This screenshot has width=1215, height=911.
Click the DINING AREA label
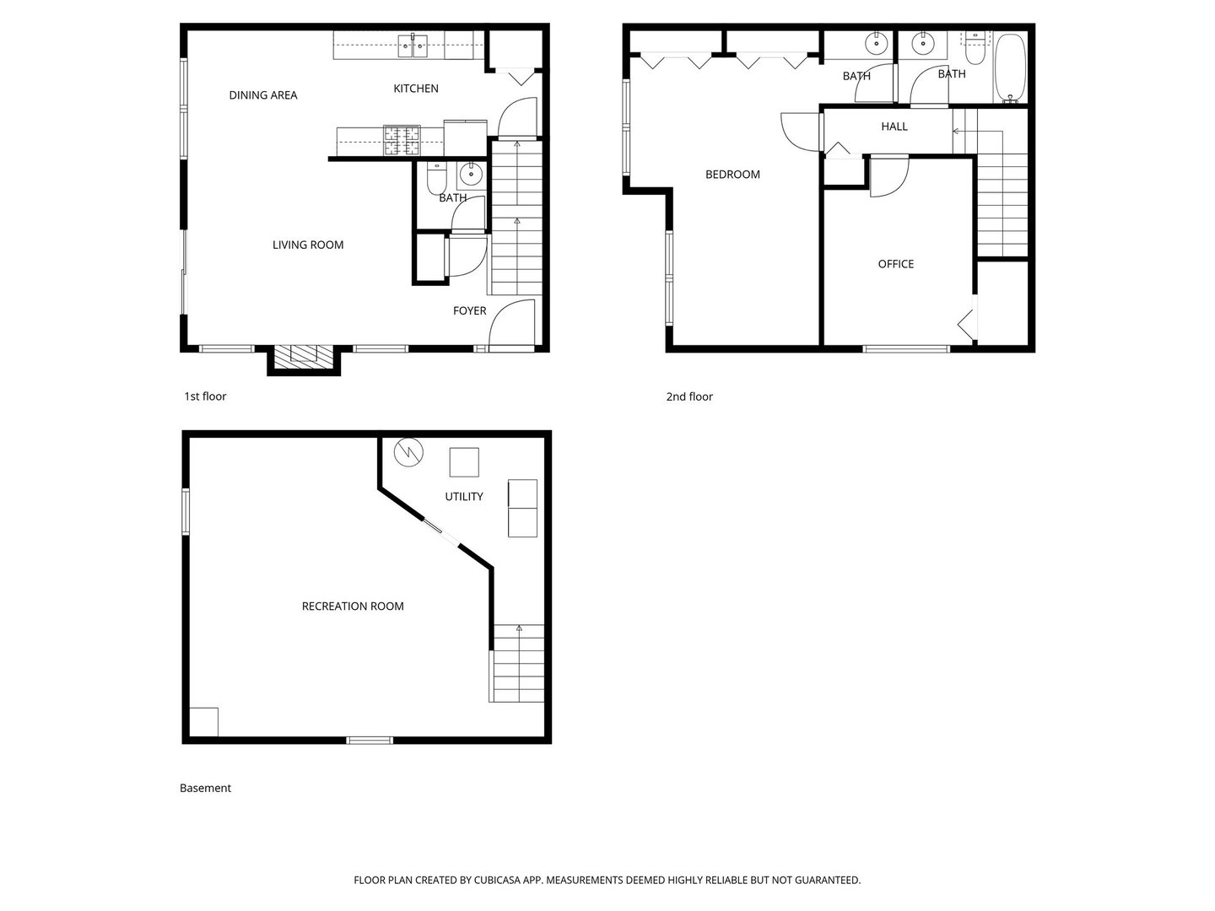263,95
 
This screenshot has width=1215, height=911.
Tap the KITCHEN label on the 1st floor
416,89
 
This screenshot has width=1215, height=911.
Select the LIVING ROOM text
308,245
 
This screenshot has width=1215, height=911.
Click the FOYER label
469,311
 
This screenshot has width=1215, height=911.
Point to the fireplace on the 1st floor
304,355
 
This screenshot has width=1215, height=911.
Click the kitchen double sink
413,46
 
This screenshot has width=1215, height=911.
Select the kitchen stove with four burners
402,141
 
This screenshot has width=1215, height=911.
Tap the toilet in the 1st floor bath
435,179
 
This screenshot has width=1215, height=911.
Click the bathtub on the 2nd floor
1010,67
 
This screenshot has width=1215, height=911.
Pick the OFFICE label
895,264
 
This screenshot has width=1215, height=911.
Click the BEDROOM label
732,175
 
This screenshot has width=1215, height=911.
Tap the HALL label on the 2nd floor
894,127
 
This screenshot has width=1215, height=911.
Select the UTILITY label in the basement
464,497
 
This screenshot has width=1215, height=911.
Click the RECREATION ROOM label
353,606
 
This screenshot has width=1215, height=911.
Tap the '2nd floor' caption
689,396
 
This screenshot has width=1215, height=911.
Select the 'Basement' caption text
205,789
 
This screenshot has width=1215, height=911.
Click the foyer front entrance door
512,325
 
